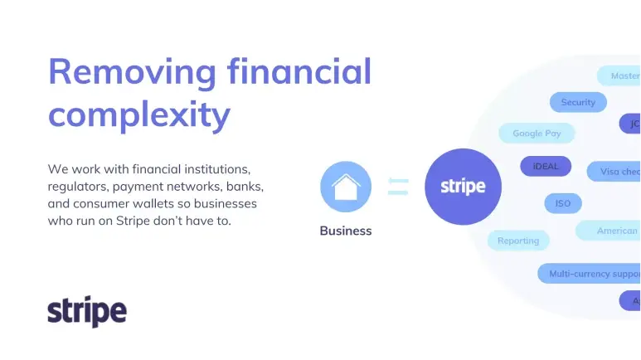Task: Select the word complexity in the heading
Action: (x=138, y=114)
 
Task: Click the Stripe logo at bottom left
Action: (x=87, y=311)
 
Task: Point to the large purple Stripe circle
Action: (x=463, y=187)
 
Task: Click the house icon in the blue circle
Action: (x=346, y=187)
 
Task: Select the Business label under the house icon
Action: (x=346, y=231)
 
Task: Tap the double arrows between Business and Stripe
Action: (x=398, y=187)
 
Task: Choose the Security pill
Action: (x=578, y=102)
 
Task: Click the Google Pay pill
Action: (x=537, y=133)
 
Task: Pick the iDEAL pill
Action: (x=546, y=166)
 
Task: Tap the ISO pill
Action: (x=563, y=203)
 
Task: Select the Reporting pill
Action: (x=518, y=241)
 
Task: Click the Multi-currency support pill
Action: (x=590, y=273)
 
